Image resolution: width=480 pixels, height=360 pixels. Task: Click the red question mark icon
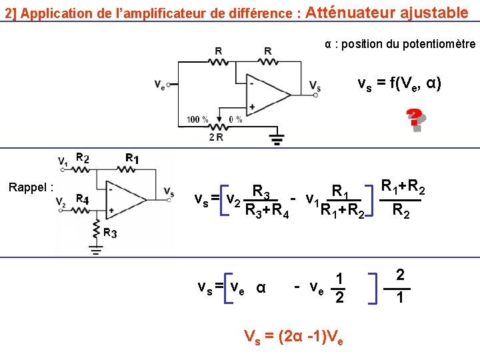[416, 120]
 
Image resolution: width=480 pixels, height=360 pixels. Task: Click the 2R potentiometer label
[216, 137]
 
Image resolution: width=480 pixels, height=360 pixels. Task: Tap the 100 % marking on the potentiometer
[197, 119]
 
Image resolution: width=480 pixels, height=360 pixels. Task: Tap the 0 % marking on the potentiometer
[235, 119]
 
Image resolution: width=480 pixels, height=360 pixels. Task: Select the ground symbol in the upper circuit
[276, 140]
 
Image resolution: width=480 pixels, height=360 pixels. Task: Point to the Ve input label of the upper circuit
[159, 85]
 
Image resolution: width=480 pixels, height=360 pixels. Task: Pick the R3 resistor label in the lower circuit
[109, 233]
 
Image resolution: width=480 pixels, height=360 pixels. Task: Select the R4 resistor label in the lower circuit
[82, 199]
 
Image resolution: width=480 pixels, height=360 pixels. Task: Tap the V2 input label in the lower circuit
[62, 202]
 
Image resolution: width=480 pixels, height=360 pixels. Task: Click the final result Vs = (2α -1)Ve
[294, 336]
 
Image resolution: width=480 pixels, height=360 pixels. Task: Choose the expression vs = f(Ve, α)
[399, 84]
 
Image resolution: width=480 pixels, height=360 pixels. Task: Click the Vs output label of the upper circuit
[315, 85]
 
